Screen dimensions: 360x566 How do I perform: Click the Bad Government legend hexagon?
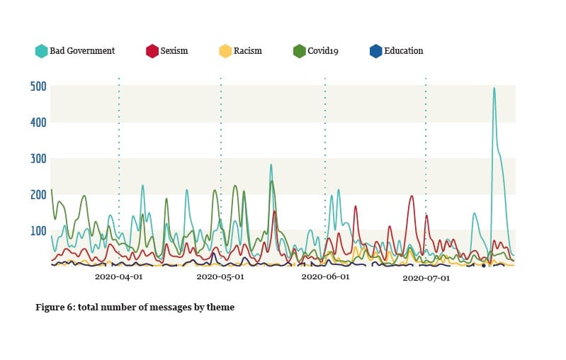[x=42, y=51]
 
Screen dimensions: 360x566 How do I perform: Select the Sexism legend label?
[x=174, y=51]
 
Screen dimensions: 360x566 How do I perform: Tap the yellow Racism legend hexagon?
[x=225, y=51]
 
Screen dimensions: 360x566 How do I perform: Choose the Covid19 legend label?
[x=323, y=51]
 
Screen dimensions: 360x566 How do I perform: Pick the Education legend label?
[x=403, y=51]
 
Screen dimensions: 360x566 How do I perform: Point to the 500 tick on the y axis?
[x=38, y=86]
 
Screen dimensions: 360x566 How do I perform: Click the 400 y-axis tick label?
[x=38, y=123]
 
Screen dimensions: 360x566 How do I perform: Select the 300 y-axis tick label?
[x=38, y=159]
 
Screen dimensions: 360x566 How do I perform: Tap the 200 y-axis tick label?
[x=38, y=195]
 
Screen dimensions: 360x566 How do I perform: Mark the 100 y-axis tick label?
[x=38, y=231]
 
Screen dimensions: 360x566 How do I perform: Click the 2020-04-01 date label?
[x=119, y=277]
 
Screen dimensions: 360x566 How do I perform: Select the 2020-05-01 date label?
[x=220, y=277]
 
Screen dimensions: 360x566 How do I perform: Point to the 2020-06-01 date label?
[x=325, y=277]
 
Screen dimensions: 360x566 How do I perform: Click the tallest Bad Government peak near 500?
[x=494, y=89]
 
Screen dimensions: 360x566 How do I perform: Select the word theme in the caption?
[x=220, y=308]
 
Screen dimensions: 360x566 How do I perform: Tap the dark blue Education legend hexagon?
[x=376, y=51]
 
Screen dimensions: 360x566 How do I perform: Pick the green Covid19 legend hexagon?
[x=300, y=51]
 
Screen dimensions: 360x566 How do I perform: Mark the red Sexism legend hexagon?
[x=152, y=51]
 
